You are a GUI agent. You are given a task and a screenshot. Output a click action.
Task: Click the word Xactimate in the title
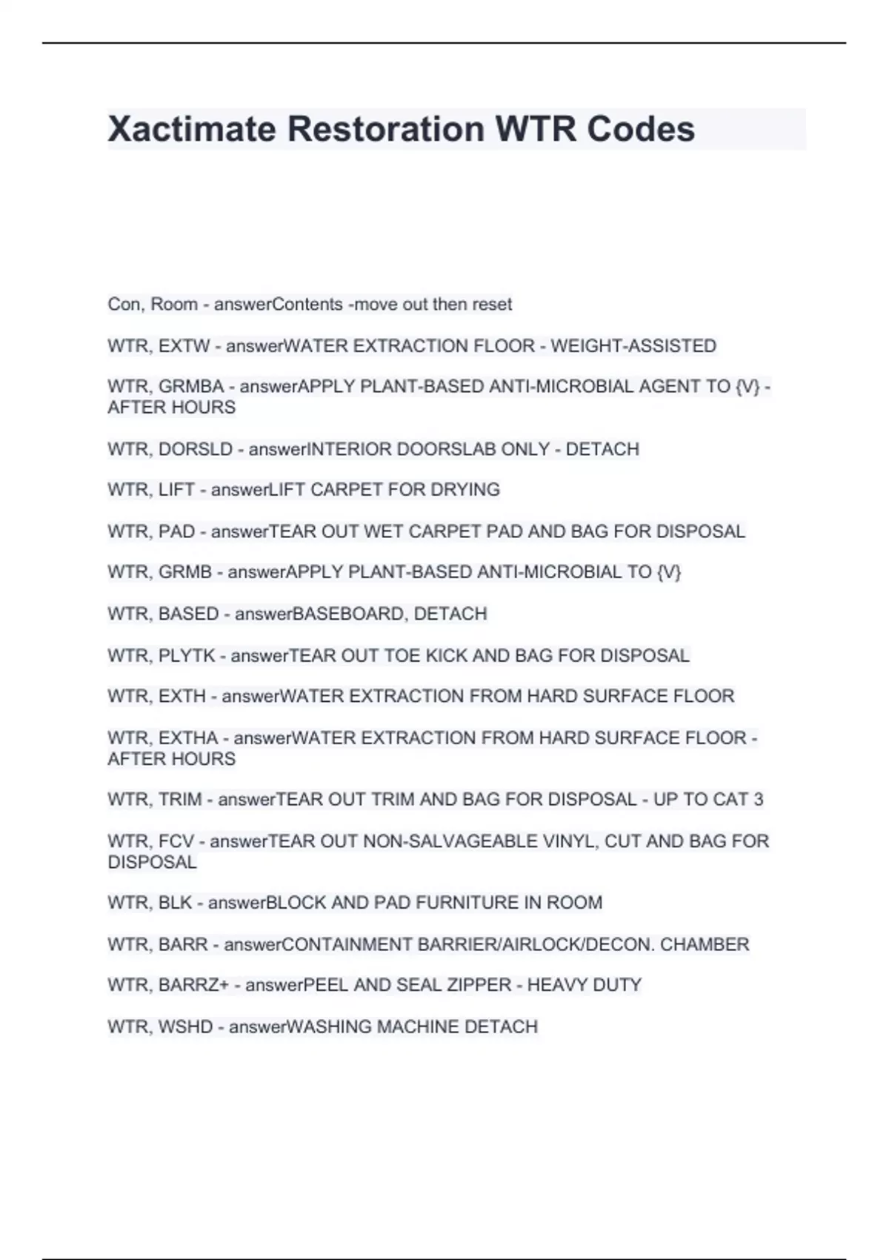[x=192, y=129]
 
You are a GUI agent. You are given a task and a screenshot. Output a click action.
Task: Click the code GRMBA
[x=191, y=387]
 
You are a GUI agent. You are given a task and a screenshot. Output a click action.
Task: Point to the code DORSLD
[x=196, y=449]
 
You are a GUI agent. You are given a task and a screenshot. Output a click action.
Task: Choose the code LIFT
[x=176, y=490]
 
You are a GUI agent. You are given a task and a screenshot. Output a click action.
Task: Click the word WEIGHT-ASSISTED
[x=633, y=346]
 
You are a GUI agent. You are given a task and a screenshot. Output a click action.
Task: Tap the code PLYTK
[x=187, y=656]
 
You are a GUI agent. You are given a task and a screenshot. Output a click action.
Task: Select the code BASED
[x=189, y=614]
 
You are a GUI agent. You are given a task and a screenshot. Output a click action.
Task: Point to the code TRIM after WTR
[x=180, y=800]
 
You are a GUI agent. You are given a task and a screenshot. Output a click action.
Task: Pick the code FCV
[x=176, y=841]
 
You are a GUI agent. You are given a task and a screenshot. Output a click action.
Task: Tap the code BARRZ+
[x=193, y=985]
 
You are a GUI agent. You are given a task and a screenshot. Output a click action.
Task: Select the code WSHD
[x=185, y=1027]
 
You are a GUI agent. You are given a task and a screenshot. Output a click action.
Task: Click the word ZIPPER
[x=471, y=985]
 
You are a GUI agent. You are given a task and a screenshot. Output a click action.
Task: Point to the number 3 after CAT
[x=758, y=800]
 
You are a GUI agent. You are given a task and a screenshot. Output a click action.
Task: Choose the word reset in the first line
[x=492, y=305]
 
